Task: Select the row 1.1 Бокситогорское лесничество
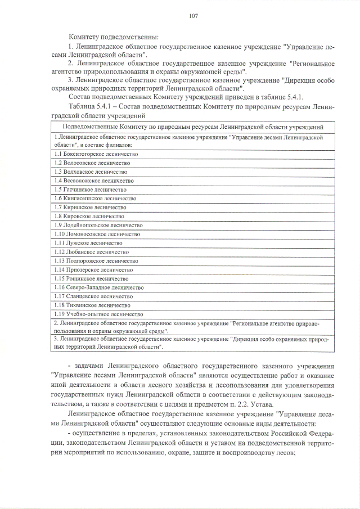click(96, 154)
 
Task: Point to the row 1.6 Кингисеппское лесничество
click(95, 199)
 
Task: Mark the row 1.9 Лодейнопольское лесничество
click(98, 225)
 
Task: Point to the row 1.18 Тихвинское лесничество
click(93, 305)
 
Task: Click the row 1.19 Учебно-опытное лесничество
click(98, 314)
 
